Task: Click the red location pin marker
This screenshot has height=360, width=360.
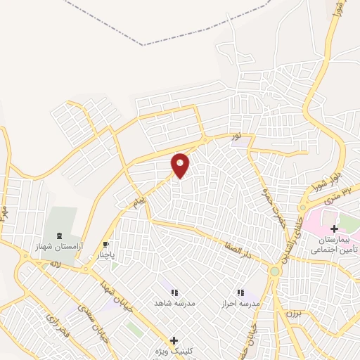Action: (181, 165)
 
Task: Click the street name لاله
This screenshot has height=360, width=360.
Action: (56, 264)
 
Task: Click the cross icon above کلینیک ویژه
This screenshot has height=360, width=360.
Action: (174, 340)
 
